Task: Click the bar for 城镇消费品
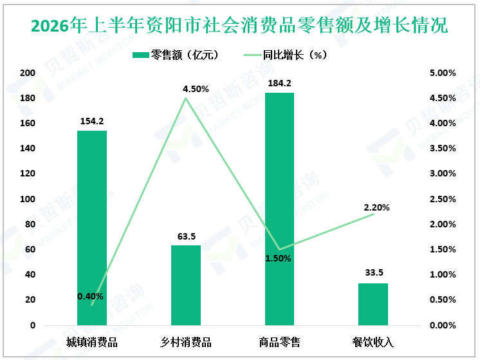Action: [x=92, y=228]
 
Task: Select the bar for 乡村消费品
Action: [x=186, y=285]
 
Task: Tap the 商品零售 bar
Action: [x=279, y=209]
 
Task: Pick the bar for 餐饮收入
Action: [x=373, y=304]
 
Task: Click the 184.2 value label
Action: [x=279, y=83]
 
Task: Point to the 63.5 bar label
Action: [x=187, y=236]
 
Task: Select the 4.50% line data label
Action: [x=196, y=89]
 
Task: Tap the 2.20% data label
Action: [x=376, y=208]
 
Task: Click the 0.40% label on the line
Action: [x=90, y=297]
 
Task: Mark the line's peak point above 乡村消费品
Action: [x=185, y=98]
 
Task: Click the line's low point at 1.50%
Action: [x=279, y=249]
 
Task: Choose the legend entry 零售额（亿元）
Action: [x=176, y=55]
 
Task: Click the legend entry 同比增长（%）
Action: [x=286, y=55]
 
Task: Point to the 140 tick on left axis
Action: [x=28, y=148]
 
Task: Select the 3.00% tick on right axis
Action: [x=443, y=173]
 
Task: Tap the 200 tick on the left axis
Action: [x=28, y=73]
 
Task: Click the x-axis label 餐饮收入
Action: [x=373, y=342]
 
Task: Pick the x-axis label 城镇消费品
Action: [x=92, y=342]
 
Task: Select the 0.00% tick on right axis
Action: [x=443, y=325]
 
